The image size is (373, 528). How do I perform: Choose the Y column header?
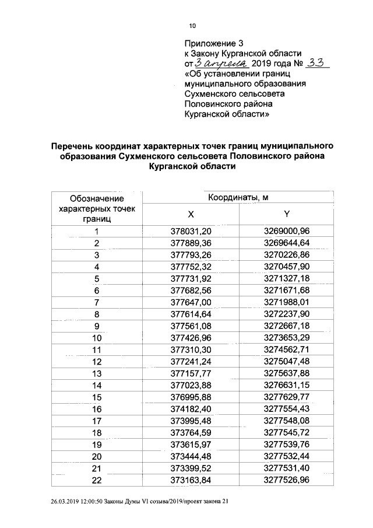click(x=286, y=214)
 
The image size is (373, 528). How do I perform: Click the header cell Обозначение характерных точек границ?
click(x=97, y=209)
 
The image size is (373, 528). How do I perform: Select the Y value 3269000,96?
click(x=286, y=232)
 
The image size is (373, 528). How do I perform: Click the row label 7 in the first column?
click(x=97, y=302)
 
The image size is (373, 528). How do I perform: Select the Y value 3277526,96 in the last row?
click(x=286, y=480)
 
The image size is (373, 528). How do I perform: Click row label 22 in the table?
click(x=97, y=480)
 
